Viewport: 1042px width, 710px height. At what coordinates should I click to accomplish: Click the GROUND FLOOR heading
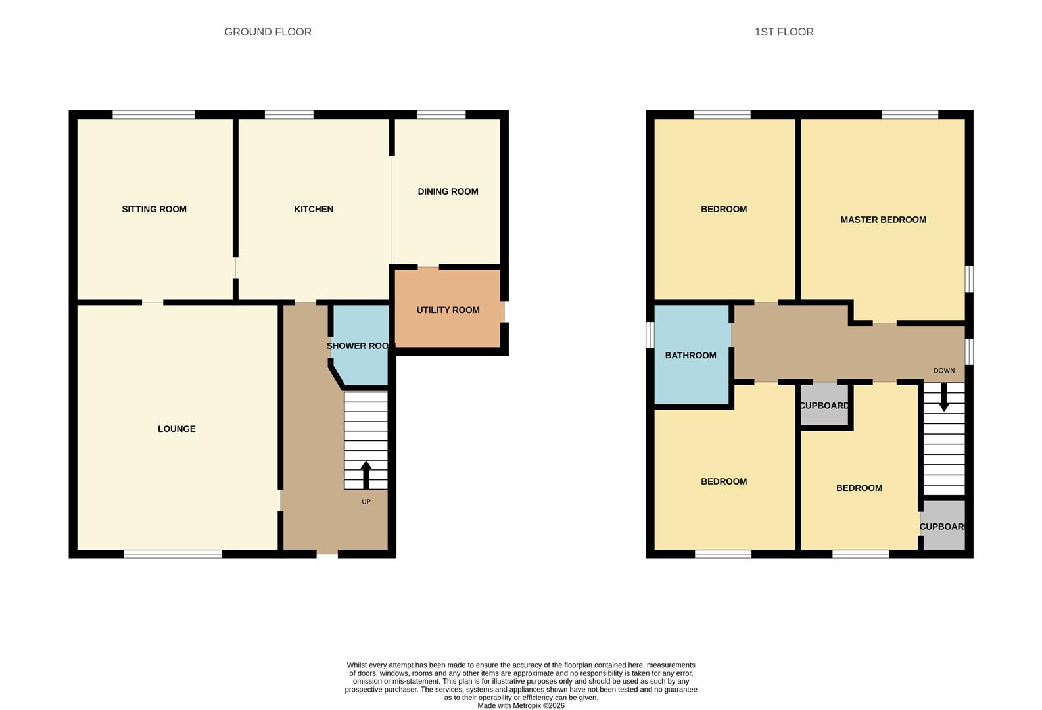[268, 32]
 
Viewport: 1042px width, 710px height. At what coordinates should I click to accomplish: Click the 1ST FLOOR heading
[784, 32]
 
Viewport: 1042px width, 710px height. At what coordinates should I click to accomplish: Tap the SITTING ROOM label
[154, 209]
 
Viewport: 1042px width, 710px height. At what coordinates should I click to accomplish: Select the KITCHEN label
[314, 209]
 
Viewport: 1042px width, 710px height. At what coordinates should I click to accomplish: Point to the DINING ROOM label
[448, 191]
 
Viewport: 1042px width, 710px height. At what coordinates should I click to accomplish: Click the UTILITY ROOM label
[448, 310]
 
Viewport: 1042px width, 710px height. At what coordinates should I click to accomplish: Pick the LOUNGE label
[176, 429]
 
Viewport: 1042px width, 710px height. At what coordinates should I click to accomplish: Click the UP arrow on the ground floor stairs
[366, 474]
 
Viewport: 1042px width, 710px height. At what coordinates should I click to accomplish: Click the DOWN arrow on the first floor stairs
[944, 398]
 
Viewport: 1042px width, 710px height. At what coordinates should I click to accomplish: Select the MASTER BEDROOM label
[883, 220]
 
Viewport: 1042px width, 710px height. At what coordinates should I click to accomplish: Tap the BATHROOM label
[690, 355]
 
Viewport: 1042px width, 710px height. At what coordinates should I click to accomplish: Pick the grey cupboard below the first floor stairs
[943, 526]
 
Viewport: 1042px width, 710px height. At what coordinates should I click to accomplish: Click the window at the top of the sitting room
[154, 115]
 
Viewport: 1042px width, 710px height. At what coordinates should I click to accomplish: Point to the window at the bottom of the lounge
[173, 554]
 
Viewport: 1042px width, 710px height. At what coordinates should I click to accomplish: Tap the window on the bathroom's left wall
[650, 335]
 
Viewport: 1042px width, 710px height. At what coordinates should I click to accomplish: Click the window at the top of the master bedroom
[910, 115]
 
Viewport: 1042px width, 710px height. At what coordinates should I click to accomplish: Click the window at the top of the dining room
[441, 115]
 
